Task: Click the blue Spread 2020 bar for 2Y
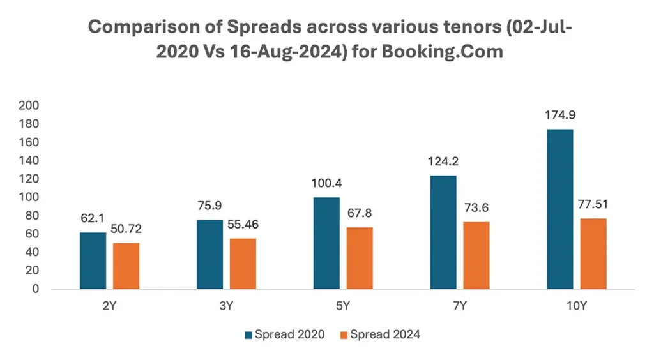coord(93,260)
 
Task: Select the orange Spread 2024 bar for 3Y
coord(243,264)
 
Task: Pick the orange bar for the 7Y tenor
coord(476,255)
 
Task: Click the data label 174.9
coord(560,116)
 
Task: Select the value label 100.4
coord(327,184)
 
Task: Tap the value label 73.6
coord(476,209)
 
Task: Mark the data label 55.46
coord(243,225)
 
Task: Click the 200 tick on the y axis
coord(30,105)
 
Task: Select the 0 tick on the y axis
coord(36,289)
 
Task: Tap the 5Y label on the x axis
coord(343,306)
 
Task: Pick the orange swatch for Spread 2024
coord(343,334)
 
